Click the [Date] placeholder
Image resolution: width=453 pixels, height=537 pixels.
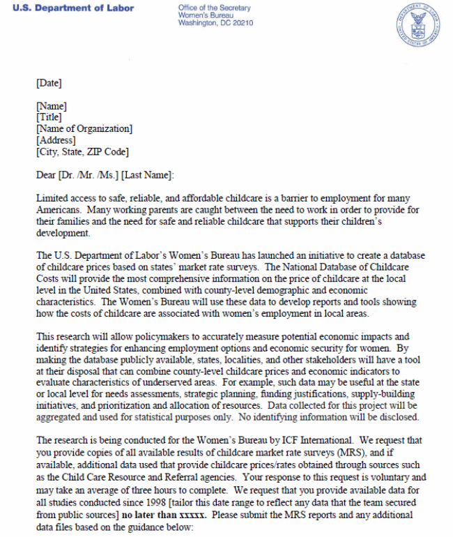[x=49, y=84]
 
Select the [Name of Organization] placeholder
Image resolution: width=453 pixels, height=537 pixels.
[x=84, y=129]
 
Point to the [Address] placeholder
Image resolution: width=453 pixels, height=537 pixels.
[x=56, y=140]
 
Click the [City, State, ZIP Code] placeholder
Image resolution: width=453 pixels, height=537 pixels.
[x=82, y=151]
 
